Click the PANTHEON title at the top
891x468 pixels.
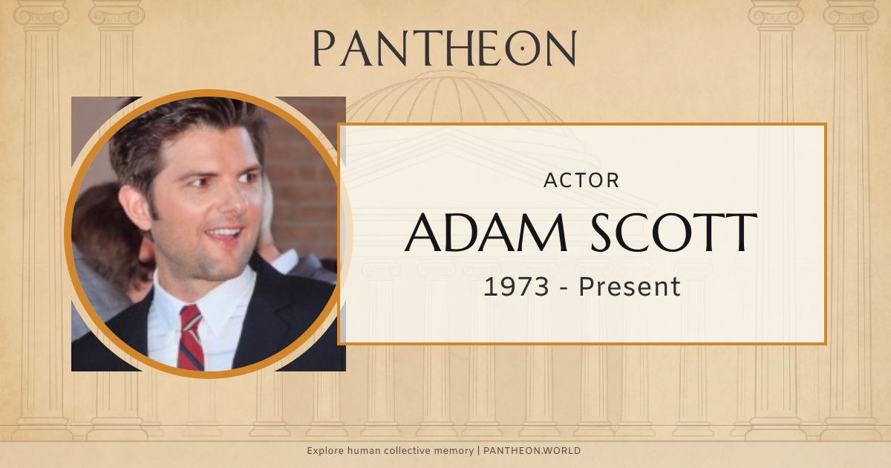[x=445, y=48]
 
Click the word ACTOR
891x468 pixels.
[x=581, y=180]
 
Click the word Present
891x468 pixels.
[x=630, y=286]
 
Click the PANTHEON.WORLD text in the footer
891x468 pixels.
[x=532, y=451]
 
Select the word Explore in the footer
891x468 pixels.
[x=325, y=451]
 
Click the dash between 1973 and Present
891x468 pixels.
[x=567, y=287]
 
